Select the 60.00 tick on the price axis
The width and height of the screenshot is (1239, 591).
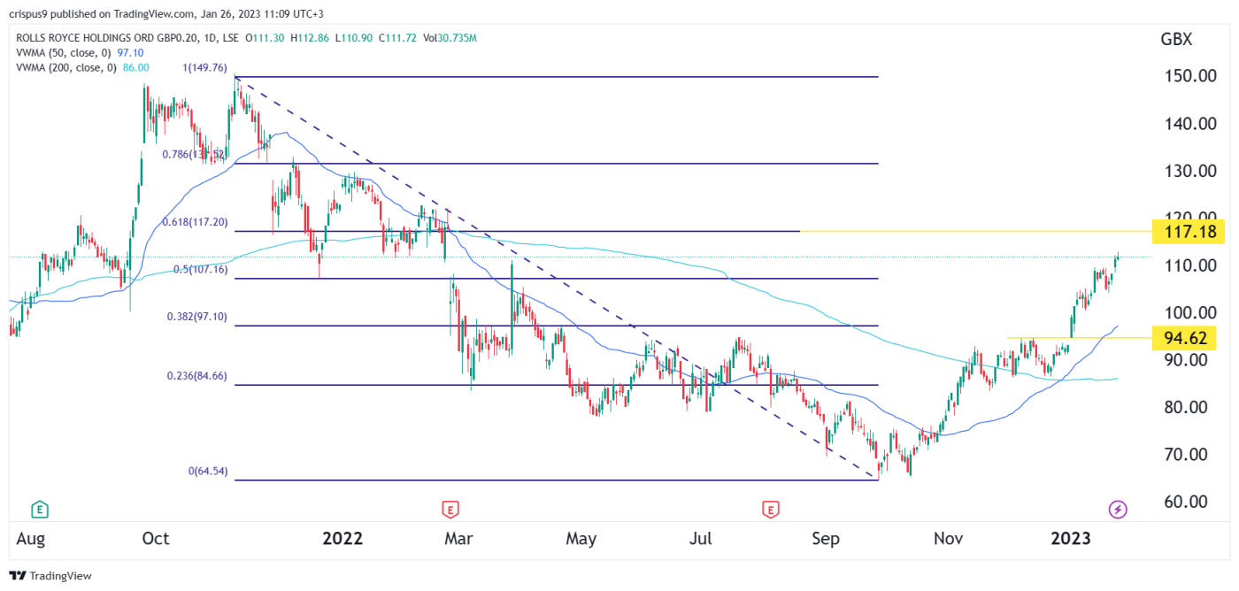[x=1185, y=502]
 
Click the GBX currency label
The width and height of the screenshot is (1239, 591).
[x=1176, y=40]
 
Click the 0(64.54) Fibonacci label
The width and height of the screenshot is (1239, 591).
[x=207, y=472]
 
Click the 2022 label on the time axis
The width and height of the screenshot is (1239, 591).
[x=342, y=538]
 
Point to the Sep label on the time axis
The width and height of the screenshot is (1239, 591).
[x=826, y=538]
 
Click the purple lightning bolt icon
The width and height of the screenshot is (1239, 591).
[x=1118, y=509]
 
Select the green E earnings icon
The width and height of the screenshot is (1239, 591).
[x=39, y=509]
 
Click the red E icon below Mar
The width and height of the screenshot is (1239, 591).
[x=450, y=509]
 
